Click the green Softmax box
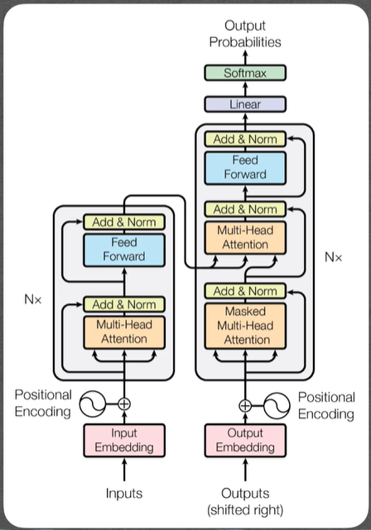tap(245, 73)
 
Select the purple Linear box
tap(245, 104)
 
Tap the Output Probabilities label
tap(245, 34)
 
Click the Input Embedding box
tap(124, 440)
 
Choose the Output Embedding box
tap(245, 440)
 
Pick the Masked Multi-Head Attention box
tap(245, 326)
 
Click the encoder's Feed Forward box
tap(124, 250)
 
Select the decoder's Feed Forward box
tap(245, 168)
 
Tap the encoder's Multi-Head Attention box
tap(124, 332)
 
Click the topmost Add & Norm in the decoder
tap(245, 139)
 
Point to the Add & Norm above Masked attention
tap(245, 291)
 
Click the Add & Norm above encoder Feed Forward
tap(124, 222)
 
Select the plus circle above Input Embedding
tap(124, 403)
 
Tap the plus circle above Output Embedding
tap(245, 406)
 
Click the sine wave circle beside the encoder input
tap(93, 404)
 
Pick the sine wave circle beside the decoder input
tap(277, 406)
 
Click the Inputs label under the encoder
tap(124, 494)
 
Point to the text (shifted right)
tap(245, 509)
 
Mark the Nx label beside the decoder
tap(334, 257)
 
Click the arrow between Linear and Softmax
tap(245, 88)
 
